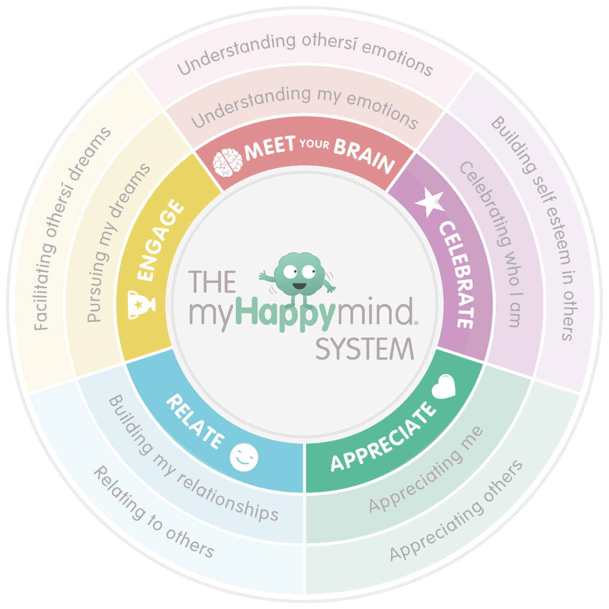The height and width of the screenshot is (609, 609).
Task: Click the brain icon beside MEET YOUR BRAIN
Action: coord(227,162)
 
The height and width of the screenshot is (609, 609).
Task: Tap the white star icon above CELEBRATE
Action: coord(430,203)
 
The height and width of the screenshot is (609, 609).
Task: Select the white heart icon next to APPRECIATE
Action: coord(444,386)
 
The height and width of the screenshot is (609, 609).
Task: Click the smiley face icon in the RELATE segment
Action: coord(244,457)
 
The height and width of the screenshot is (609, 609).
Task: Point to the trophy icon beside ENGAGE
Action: coord(141,304)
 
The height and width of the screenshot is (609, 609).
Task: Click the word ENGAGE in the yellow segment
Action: coord(160,240)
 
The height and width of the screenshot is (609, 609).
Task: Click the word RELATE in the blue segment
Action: coord(195,421)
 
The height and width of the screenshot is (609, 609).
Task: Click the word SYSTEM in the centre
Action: coord(365,350)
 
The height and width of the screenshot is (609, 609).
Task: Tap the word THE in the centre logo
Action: coord(212,282)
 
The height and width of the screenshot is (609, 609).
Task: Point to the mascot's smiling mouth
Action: coord(299,285)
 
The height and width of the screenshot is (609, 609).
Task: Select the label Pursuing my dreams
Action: coord(118,243)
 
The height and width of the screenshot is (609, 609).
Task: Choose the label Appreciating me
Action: coord(425,469)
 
